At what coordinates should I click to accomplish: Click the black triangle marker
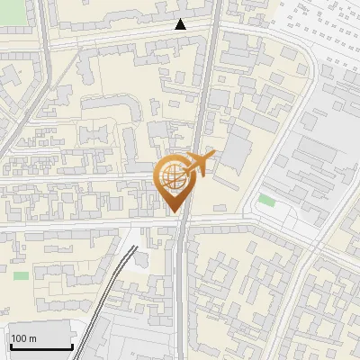coord(181,25)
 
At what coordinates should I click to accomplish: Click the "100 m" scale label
coord(24,338)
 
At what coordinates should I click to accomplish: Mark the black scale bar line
coord(40,347)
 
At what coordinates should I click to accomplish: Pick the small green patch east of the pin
coord(265,200)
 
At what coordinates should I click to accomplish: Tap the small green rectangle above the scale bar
coord(21,274)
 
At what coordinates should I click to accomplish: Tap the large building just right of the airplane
coord(236,148)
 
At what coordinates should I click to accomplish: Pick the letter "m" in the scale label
coord(33,338)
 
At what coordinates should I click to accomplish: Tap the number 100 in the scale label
coord(20,338)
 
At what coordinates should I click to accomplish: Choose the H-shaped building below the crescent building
coord(94,136)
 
